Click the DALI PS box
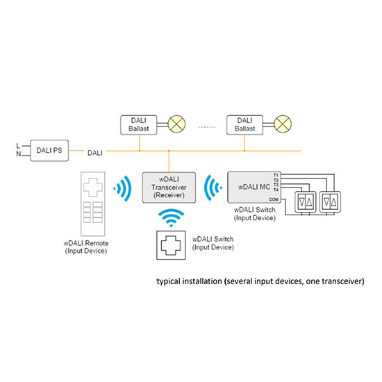[x=49, y=150]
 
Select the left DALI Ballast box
[x=139, y=125]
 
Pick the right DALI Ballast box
[x=245, y=125]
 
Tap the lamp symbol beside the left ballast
[x=176, y=124]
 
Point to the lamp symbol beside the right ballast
[x=283, y=124]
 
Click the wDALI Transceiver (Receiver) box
[x=169, y=188]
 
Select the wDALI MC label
[x=254, y=187]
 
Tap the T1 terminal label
[x=276, y=175]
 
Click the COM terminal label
[x=274, y=199]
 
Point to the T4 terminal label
[x=276, y=190]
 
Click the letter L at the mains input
[x=18, y=146]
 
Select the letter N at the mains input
[x=19, y=154]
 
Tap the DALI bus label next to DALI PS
[x=94, y=153]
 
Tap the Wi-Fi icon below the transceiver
[x=171, y=217]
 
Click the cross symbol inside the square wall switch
[x=171, y=245]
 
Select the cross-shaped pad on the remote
[x=93, y=187]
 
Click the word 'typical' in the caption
[x=168, y=281]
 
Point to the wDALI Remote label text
[x=86, y=243]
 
